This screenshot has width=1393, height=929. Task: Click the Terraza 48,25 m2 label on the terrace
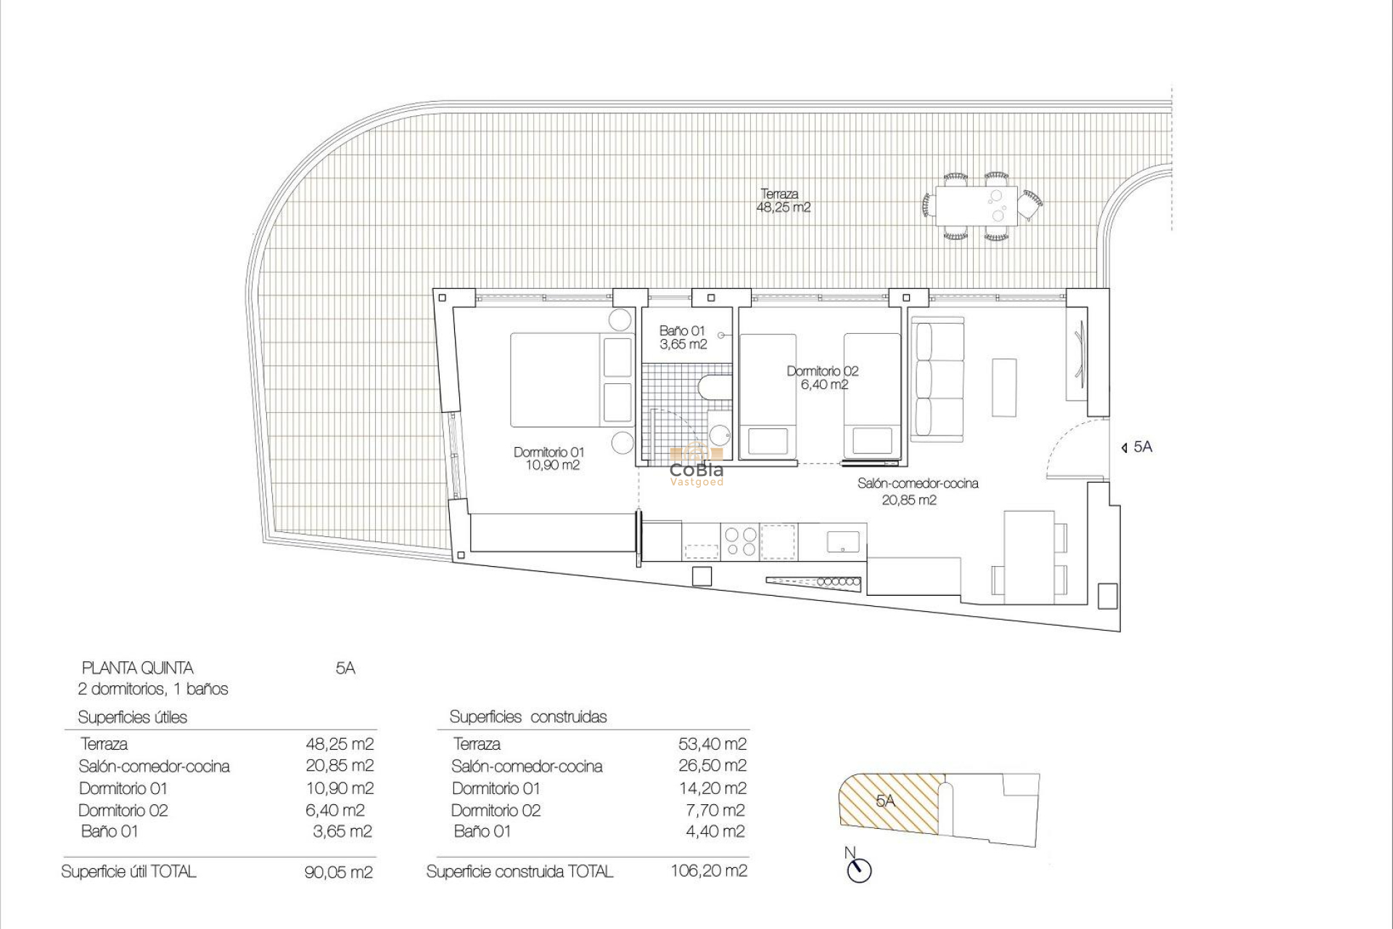point(783,200)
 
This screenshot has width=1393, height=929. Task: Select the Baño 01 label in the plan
point(682,337)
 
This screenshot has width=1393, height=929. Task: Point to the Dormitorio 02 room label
point(823,377)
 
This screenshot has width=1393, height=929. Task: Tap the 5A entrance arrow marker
point(1136,447)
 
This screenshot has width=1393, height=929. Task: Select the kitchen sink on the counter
point(843,541)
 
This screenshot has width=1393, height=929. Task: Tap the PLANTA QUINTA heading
point(138,668)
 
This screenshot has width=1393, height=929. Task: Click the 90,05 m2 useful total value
point(339,872)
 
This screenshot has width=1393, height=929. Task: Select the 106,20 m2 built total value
point(708,871)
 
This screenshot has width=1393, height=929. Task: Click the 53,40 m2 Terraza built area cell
point(711,744)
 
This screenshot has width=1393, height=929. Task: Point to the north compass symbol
point(859,869)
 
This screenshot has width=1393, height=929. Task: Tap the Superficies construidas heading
point(528,717)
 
